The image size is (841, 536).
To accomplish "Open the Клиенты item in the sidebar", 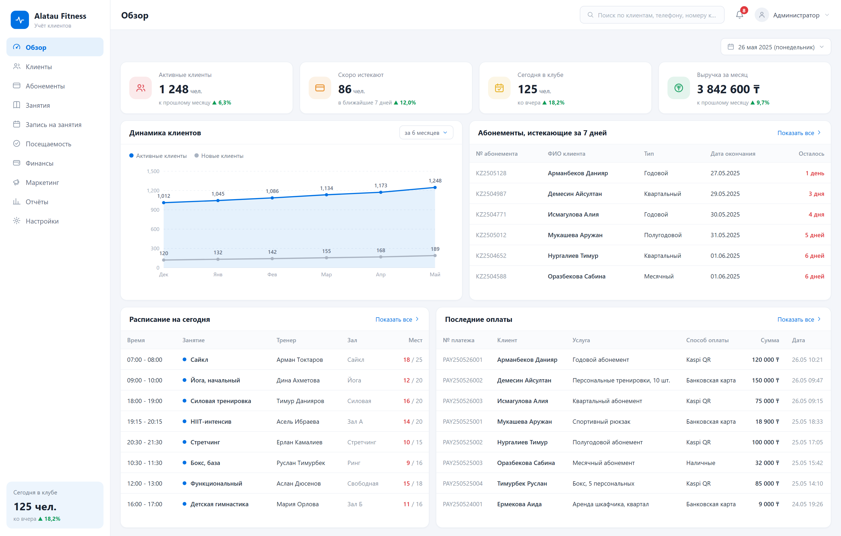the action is click(x=38, y=67).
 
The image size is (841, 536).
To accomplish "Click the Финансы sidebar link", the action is click(x=39, y=163).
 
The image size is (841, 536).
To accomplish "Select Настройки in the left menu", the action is click(x=42, y=221).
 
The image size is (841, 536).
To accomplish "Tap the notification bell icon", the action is click(x=739, y=15).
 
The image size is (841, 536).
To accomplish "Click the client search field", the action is click(x=652, y=15).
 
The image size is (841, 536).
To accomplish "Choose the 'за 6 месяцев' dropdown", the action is click(x=426, y=133).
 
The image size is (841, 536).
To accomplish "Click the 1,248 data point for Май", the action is click(x=435, y=187).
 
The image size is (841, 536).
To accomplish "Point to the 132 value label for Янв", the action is click(x=218, y=252).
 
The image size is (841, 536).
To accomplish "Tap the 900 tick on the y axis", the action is click(x=155, y=210).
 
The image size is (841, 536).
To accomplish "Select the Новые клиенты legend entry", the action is click(x=219, y=156).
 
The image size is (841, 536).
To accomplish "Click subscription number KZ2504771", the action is click(x=491, y=214).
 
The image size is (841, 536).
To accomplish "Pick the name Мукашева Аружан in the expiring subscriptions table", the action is click(x=575, y=235).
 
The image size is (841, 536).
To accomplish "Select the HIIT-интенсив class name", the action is click(x=211, y=422).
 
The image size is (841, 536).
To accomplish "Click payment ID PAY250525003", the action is click(x=462, y=463).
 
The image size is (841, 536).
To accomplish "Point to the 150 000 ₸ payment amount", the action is click(x=765, y=380).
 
